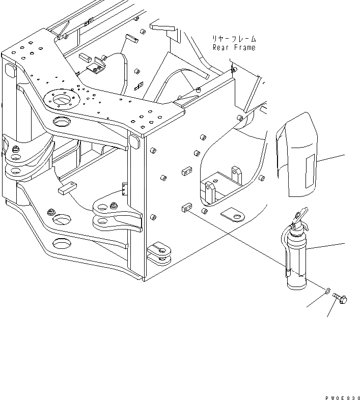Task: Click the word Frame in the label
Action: pos(244,48)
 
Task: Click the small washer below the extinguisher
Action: pos(326,292)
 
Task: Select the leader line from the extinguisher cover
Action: pos(332,158)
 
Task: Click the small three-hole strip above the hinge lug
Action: pos(123,190)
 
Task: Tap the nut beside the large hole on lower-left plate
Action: pos(50,213)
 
